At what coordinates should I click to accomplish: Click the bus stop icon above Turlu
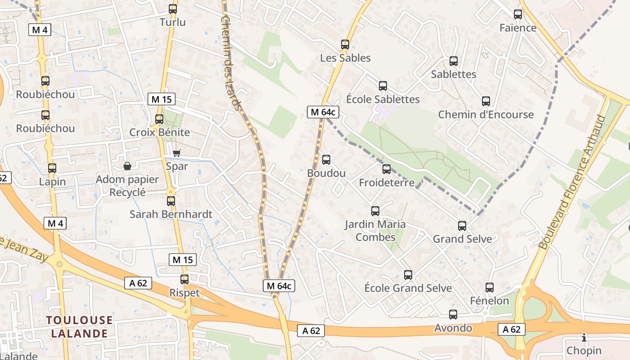coord(172,9)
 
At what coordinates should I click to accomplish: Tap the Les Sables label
coord(345,58)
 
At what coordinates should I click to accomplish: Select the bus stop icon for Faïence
coord(518,14)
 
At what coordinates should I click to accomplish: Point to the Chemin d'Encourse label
coord(486,114)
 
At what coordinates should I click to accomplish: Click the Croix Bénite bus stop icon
coord(159,119)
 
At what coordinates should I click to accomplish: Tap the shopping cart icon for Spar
coord(177,153)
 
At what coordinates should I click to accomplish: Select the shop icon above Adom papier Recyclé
coord(127,166)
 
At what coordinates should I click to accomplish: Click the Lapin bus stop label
coord(52,182)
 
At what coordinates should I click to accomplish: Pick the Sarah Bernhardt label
coord(171,214)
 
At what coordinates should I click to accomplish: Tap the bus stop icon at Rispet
coord(184,279)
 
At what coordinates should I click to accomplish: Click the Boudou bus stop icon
coord(326,160)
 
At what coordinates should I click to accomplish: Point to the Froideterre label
coord(386,183)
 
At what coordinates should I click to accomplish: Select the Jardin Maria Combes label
coord(375,230)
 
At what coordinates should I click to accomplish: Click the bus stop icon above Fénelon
coord(490,287)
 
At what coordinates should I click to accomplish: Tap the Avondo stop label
coord(453,328)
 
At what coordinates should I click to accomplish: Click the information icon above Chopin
coord(584,337)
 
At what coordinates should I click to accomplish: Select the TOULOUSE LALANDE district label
coord(79,327)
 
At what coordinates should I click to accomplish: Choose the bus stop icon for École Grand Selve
coord(408,274)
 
